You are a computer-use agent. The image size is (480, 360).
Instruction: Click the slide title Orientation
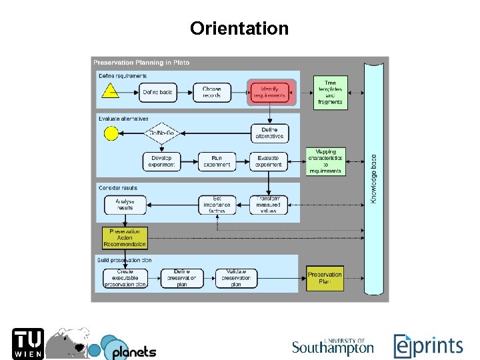tap(239, 29)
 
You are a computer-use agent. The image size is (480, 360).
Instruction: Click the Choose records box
tap(212, 92)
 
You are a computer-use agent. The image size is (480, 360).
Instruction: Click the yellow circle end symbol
tap(111, 133)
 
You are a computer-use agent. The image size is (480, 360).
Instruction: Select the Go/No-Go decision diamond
tap(161, 133)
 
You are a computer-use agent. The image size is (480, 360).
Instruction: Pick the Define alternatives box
tap(269, 133)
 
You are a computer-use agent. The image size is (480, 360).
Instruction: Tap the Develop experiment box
tap(162, 161)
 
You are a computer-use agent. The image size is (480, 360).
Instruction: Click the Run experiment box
tap(217, 161)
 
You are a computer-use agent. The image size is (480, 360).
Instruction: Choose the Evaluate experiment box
tap(269, 161)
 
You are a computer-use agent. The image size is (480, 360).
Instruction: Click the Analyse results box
tap(124, 204)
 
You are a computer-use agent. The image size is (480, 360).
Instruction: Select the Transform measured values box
tap(269, 204)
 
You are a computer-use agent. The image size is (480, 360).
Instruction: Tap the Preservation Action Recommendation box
tap(125, 238)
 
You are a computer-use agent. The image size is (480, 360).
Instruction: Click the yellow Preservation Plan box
tap(325, 278)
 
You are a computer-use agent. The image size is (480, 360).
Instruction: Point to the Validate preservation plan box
tap(235, 278)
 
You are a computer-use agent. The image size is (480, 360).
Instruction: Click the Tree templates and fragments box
tap(330, 93)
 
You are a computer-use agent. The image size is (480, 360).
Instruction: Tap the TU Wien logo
tap(28, 343)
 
